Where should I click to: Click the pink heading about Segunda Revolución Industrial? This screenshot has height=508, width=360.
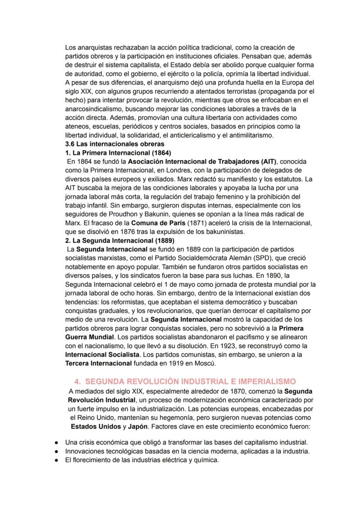coord(185,381)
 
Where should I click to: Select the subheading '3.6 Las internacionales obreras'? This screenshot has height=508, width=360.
coord(114,144)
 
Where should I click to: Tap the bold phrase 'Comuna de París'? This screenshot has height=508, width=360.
coord(150,223)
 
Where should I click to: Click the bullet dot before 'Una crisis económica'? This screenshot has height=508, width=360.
coord(57,442)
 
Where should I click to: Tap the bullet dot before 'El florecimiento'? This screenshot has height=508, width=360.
coord(57,460)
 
